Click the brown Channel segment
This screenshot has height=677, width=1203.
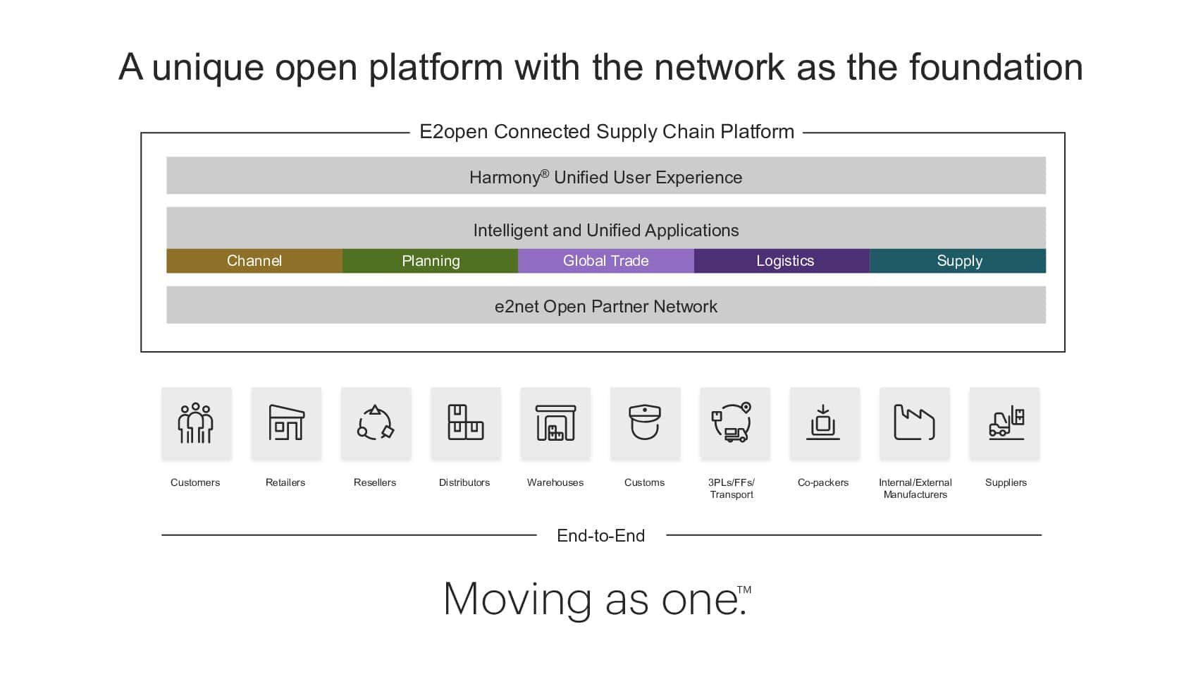pos(254,261)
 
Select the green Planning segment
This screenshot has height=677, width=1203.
pos(430,261)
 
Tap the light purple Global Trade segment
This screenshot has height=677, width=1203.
pos(606,261)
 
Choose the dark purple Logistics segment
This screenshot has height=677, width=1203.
pos(782,261)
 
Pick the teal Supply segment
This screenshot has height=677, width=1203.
pos(958,261)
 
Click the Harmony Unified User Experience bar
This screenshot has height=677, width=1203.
pos(606,175)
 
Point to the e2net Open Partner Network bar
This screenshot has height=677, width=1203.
pos(606,305)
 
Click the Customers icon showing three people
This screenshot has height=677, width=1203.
pos(195,423)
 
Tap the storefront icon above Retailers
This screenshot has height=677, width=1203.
pos(286,423)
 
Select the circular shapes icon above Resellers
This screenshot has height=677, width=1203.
pos(376,423)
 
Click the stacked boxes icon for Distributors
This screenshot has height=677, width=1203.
pos(466,423)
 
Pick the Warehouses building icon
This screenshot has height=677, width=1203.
pos(555,423)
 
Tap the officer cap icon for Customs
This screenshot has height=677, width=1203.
pos(644,423)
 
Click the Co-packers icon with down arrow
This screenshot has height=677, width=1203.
pos(822,423)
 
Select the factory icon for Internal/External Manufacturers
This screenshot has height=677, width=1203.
pos(914,423)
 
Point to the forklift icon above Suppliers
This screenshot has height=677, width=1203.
pos(1006,423)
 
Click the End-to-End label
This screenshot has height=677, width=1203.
pos(600,536)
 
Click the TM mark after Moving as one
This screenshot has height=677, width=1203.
pos(744,590)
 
